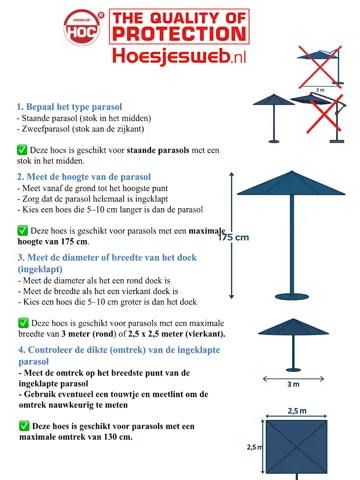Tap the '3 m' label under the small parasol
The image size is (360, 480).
tap(293, 383)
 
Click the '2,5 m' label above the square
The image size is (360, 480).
tap(296, 410)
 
